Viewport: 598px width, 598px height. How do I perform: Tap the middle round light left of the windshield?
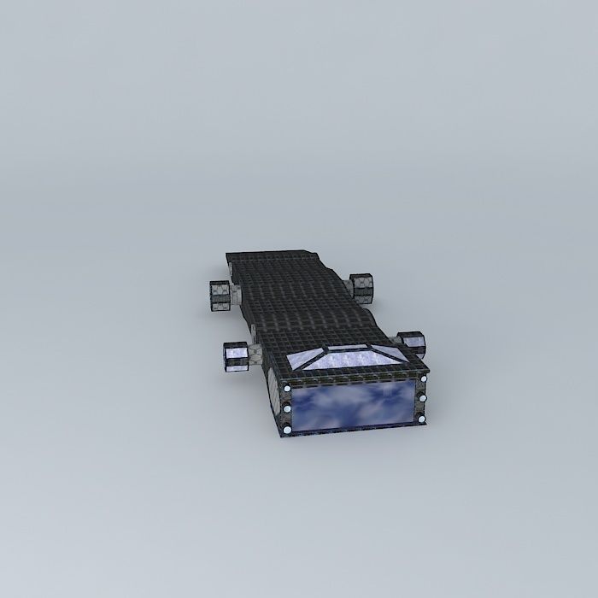pyautogui.click(x=287, y=409)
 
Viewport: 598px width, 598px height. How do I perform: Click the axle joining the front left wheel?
pyautogui.click(x=254, y=355)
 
